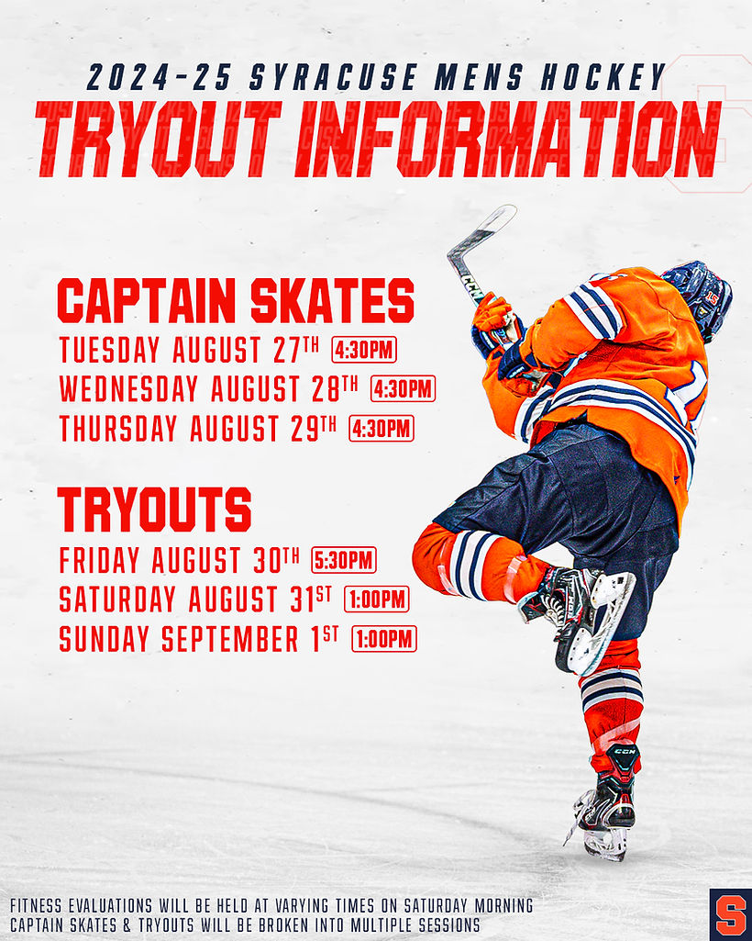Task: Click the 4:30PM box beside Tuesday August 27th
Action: click(x=364, y=350)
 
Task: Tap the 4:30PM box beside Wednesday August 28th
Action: click(x=403, y=388)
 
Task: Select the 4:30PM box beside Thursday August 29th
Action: click(x=381, y=428)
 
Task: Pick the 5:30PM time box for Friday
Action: click(x=343, y=559)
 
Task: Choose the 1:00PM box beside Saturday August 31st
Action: click(x=376, y=599)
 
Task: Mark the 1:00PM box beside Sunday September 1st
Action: click(x=383, y=638)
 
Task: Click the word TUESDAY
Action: click(x=111, y=350)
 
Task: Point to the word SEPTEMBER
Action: click(x=228, y=639)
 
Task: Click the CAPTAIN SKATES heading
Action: click(x=236, y=301)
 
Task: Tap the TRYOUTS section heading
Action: click(x=154, y=510)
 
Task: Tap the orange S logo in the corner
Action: click(x=730, y=915)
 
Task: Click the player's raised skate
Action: click(x=587, y=615)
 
